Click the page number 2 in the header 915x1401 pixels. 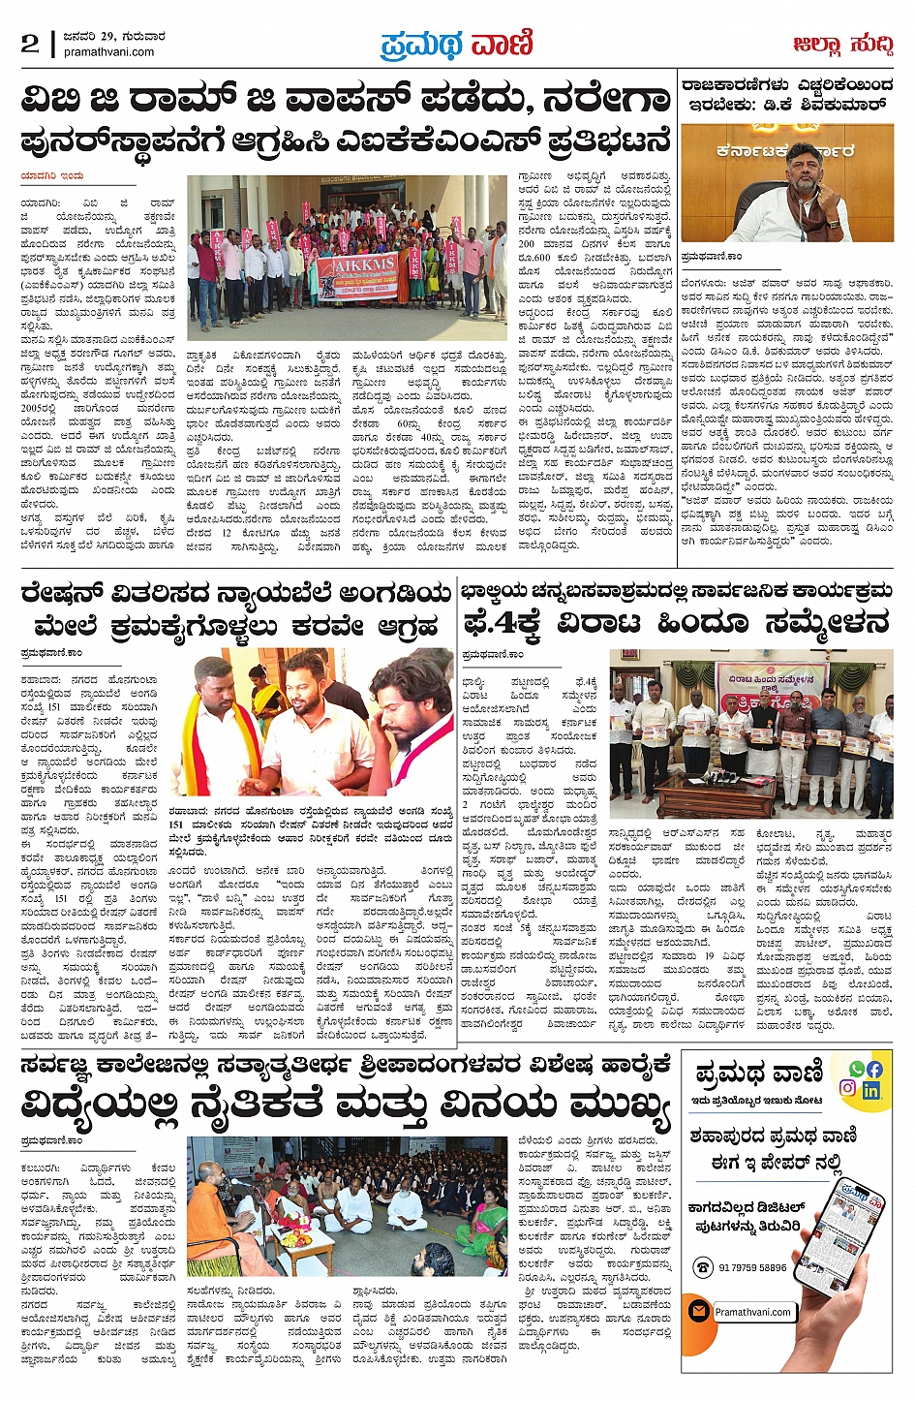point(30,44)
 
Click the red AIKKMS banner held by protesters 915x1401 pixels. point(356,275)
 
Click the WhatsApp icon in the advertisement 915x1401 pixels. point(856,1069)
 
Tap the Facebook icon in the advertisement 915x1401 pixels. point(874,1069)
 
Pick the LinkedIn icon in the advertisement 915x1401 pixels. point(870,1090)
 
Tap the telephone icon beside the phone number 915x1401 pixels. point(702,1267)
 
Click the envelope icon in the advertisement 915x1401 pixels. point(698,1311)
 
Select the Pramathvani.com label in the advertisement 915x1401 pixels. point(754,1312)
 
